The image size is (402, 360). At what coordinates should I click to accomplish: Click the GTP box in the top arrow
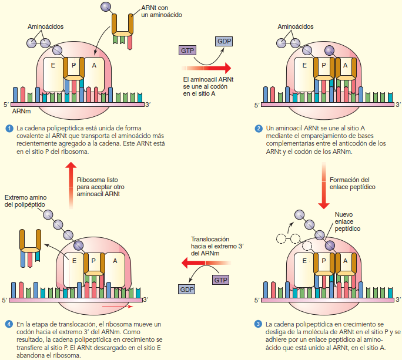(188, 51)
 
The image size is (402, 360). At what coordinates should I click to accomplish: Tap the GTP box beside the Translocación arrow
(221, 280)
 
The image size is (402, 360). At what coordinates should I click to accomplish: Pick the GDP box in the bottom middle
(187, 290)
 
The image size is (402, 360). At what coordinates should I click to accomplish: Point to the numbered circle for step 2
(259, 128)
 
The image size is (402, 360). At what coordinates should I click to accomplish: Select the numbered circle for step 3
(259, 324)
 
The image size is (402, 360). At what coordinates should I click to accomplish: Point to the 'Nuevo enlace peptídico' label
(347, 221)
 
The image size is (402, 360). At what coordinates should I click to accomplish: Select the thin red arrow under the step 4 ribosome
(116, 306)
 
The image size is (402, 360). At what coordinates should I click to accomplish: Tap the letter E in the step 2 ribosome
(304, 65)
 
